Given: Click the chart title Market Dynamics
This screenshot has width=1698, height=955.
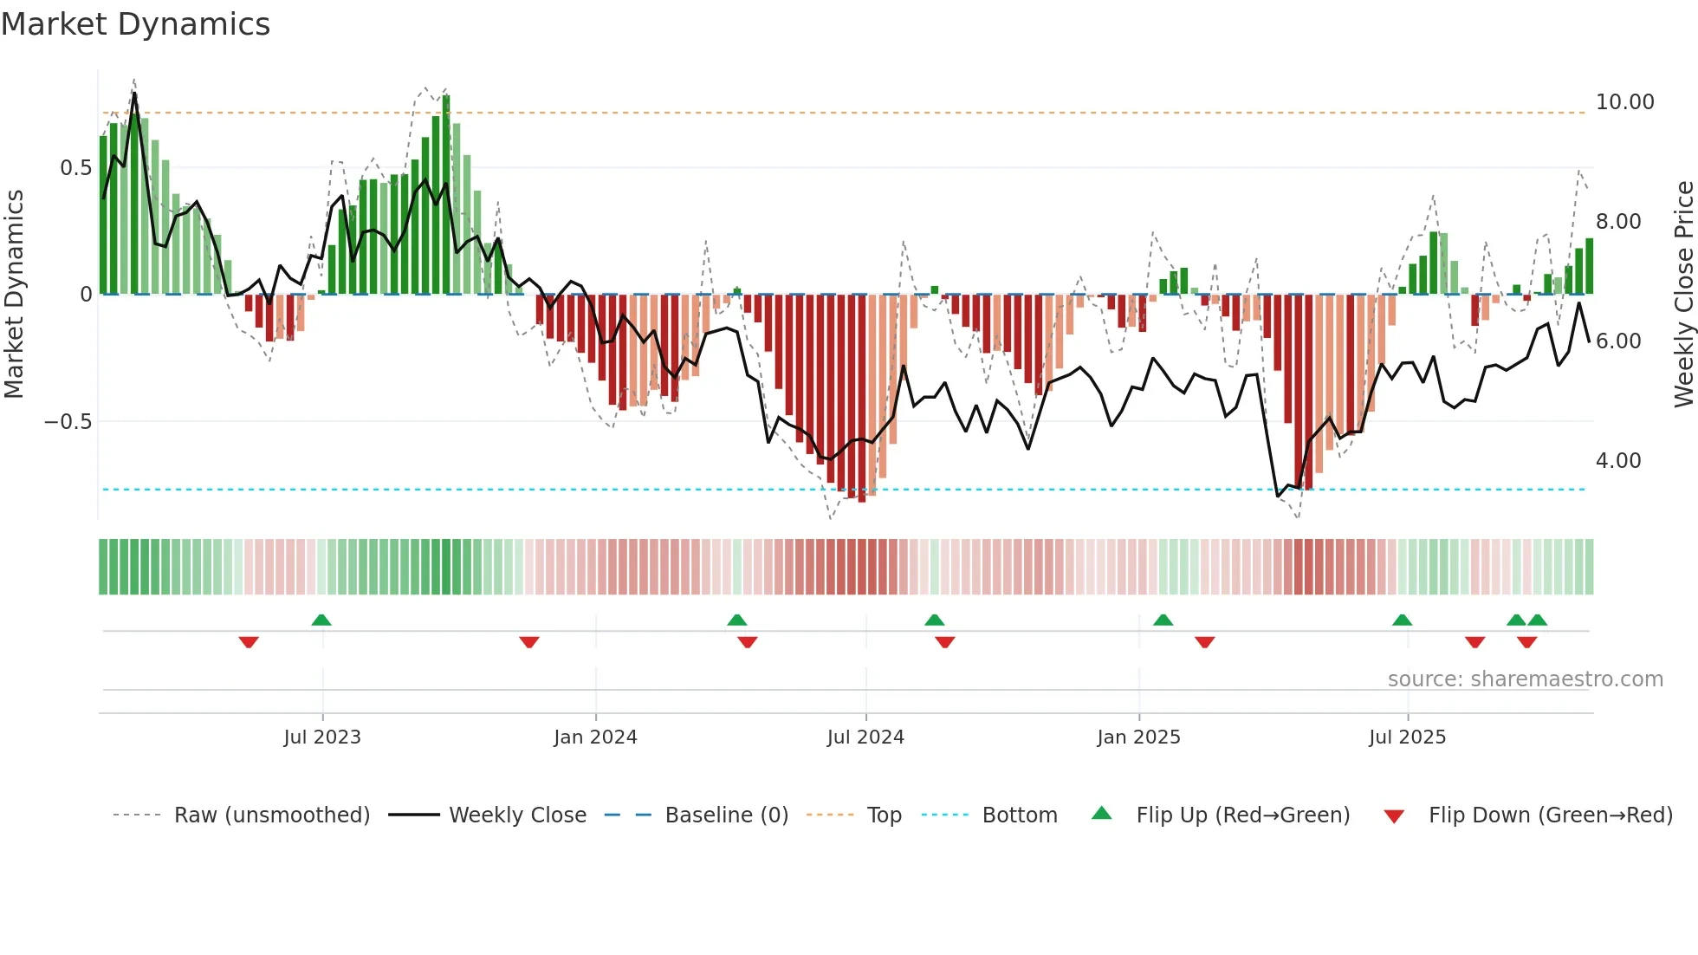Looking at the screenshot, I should click(135, 24).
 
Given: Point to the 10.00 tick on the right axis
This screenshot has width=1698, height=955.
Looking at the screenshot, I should click(1624, 102).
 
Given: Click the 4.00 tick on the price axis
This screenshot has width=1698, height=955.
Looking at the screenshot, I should click(1617, 461).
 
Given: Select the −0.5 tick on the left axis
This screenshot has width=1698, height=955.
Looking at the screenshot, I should click(68, 422).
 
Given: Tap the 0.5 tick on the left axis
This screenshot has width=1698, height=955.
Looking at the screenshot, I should click(75, 168).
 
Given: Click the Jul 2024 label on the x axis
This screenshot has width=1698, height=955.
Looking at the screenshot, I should click(865, 737).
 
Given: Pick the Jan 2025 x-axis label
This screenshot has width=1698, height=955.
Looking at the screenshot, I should click(1137, 737).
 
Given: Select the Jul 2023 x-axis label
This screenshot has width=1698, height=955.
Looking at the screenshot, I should click(321, 737).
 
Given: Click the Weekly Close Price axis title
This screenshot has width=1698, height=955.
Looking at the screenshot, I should click(1683, 294).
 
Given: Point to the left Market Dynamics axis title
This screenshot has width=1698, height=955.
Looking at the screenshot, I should click(14, 294).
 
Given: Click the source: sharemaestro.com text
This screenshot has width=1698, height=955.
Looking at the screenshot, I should click(1525, 679).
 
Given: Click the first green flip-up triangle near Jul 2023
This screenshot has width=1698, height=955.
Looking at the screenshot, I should click(321, 620).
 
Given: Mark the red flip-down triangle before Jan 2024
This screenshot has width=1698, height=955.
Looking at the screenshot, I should click(529, 642).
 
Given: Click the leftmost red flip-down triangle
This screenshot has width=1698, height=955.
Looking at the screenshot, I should click(249, 642).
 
